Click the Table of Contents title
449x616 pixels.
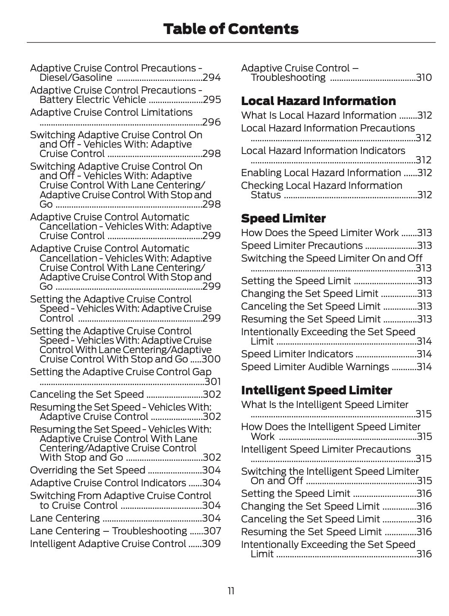(231, 29)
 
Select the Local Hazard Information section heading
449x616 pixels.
(318, 101)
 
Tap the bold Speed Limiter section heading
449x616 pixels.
(283, 218)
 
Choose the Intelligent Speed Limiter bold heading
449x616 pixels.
(317, 390)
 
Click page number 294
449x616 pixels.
(212, 77)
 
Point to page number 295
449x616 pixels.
(212, 100)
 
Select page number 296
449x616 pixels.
(212, 123)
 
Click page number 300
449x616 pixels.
(212, 359)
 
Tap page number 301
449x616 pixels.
(213, 382)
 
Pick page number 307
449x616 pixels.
(212, 531)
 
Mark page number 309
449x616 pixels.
(212, 544)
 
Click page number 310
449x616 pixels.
(424, 77)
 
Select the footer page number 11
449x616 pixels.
(231, 591)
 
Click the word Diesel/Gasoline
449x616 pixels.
(76, 77)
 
